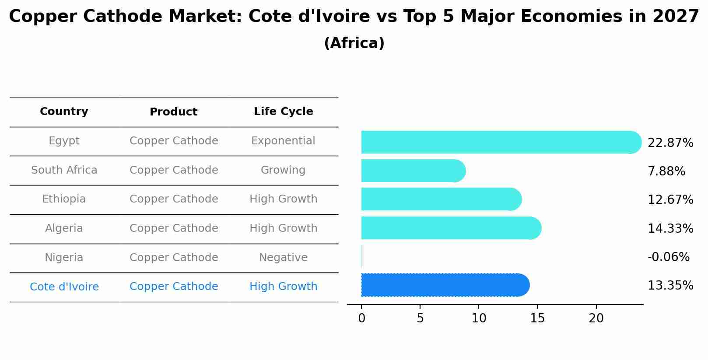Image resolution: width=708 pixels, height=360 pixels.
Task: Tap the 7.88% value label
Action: pos(666,171)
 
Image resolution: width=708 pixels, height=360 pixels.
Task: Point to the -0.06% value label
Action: pos(668,257)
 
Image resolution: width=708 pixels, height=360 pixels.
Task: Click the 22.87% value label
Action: pos(670,143)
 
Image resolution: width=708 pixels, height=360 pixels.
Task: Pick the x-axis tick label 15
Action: pos(537,318)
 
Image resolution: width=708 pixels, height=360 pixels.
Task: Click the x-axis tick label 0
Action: pos(361,318)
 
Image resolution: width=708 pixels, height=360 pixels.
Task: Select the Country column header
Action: pos(64,112)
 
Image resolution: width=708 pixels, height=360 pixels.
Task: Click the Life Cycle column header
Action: pos(283,112)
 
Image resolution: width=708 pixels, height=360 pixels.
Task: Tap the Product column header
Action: pos(173,112)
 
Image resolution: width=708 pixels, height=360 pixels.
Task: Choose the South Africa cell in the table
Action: pos(64,170)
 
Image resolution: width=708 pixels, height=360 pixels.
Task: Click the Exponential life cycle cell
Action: pos(283,141)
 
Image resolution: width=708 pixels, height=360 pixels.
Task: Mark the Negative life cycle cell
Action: pos(283,258)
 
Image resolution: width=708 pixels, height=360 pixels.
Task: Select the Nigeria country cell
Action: pos(64,258)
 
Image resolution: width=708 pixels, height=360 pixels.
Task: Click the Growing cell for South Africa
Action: pos(283,170)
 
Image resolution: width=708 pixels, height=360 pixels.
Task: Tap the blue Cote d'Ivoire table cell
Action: pos(64,287)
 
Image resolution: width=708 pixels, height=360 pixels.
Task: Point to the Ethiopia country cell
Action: pos(64,199)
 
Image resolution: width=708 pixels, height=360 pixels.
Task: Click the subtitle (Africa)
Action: pos(354,43)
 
